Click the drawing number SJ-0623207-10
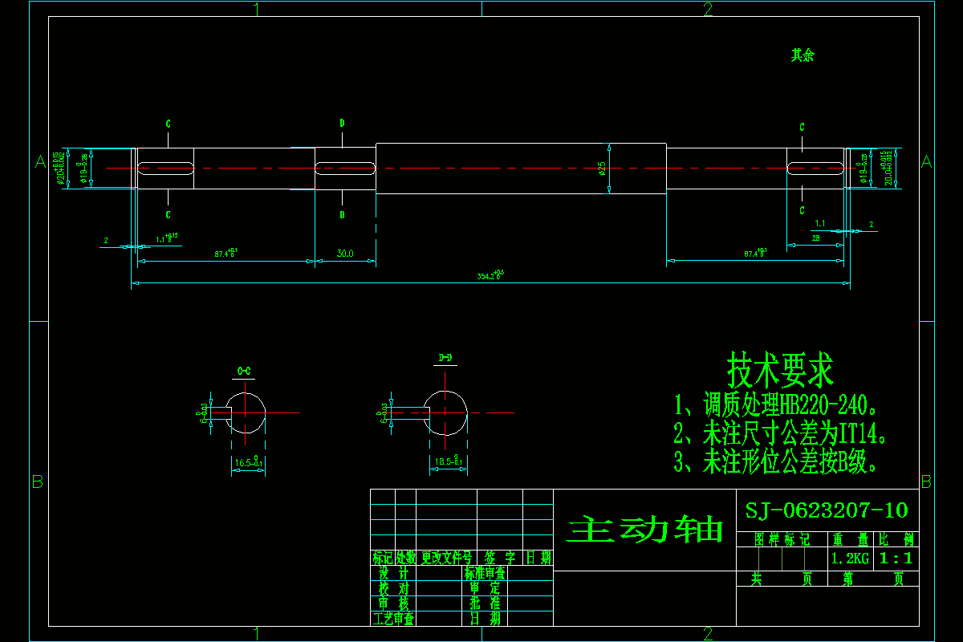click(827, 510)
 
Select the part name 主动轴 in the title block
click(645, 530)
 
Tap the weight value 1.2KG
click(849, 558)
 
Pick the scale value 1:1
click(896, 558)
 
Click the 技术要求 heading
click(780, 371)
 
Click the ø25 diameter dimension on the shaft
click(602, 168)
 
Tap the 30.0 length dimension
click(345, 254)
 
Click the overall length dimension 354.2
click(490, 275)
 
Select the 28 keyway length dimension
click(816, 238)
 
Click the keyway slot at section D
click(345, 168)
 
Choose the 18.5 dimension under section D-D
click(446, 462)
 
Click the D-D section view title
click(445, 357)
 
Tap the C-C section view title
click(245, 370)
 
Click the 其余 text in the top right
click(802, 55)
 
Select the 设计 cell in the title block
click(393, 574)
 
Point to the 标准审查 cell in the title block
click(485, 574)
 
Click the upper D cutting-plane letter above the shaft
click(342, 124)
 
